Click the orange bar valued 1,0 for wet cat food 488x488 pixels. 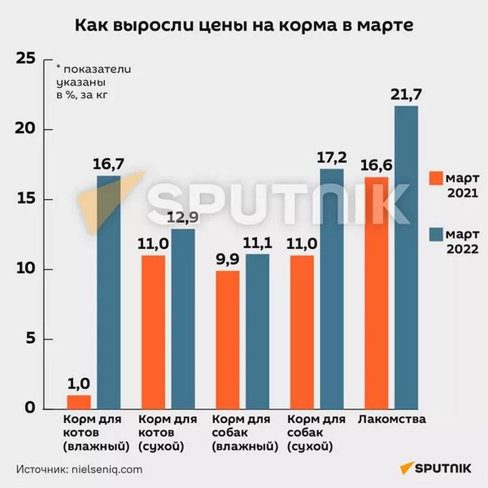point(79,401)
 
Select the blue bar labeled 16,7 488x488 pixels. point(108,291)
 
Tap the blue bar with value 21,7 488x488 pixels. point(406,258)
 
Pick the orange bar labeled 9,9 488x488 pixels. point(228,339)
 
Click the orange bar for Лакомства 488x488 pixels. point(377,291)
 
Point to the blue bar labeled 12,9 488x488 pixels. point(182,319)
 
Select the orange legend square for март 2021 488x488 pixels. point(436,178)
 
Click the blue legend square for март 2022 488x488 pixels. point(436,235)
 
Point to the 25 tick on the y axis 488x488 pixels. point(25,59)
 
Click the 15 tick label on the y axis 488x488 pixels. point(25,200)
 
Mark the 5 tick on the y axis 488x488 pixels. point(30,340)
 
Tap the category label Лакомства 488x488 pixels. point(392,420)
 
